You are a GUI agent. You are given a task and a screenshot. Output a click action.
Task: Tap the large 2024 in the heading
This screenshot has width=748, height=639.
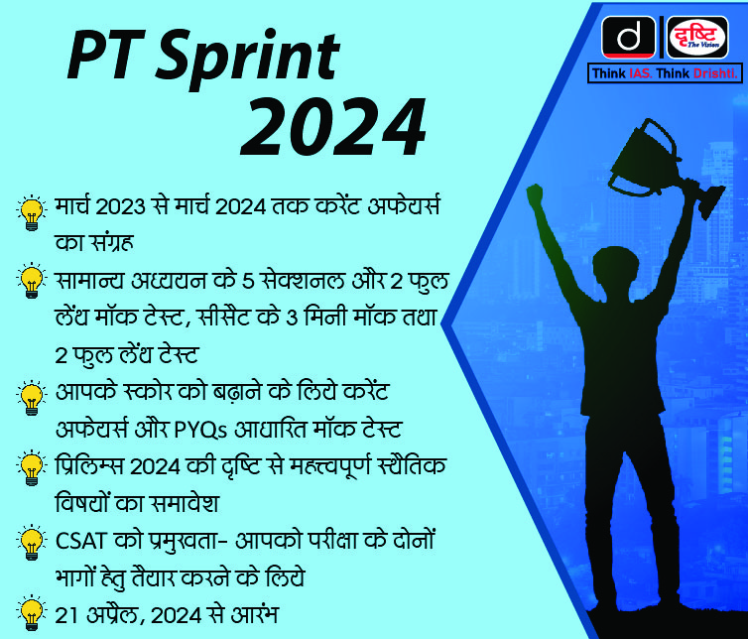(333, 127)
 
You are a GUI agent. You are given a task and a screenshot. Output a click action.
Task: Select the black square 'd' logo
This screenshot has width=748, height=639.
(628, 37)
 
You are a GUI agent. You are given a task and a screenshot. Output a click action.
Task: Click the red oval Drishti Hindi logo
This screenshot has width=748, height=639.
(697, 37)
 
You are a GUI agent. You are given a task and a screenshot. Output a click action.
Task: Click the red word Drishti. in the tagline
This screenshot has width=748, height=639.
(715, 73)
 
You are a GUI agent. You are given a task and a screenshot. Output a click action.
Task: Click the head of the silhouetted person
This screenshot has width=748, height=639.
(615, 272)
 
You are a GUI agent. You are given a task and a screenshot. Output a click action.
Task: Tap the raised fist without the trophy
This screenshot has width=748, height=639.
(535, 194)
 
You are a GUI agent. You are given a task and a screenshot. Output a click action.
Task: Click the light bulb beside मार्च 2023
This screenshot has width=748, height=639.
(32, 213)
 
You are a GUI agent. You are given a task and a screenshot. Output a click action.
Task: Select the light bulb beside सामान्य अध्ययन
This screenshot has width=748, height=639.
(32, 281)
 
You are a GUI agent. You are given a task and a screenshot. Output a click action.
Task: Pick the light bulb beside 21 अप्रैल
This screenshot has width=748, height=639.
(32, 613)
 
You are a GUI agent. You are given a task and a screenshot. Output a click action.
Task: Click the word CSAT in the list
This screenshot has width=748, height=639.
(80, 541)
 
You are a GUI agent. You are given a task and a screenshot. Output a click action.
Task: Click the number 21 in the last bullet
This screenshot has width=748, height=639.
(66, 615)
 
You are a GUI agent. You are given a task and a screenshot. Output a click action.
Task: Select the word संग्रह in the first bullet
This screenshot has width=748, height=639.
(107, 241)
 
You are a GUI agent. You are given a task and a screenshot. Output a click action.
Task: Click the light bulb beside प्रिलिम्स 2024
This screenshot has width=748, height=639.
(32, 467)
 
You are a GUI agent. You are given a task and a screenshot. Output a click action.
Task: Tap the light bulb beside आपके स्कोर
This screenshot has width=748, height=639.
(32, 398)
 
